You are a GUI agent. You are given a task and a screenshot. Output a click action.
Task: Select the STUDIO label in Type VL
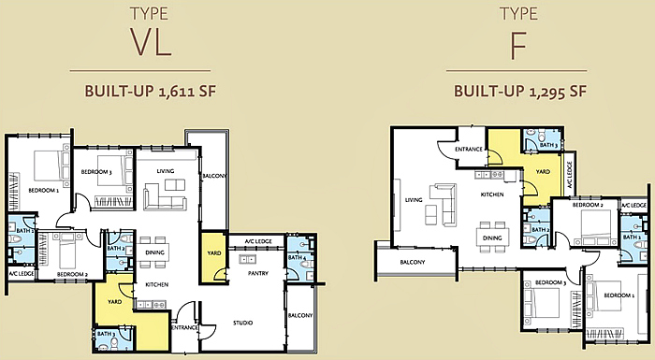pyautogui.click(x=242, y=323)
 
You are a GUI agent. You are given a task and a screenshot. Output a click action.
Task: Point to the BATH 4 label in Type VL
pyautogui.click(x=297, y=257)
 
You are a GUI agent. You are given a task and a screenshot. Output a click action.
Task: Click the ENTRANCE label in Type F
pyautogui.click(x=468, y=150)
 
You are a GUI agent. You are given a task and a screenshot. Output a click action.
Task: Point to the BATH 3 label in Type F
pyautogui.click(x=549, y=146)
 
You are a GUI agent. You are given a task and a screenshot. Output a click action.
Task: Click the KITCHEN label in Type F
pyautogui.click(x=492, y=194)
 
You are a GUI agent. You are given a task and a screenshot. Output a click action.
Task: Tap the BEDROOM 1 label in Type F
pyautogui.click(x=619, y=295)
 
